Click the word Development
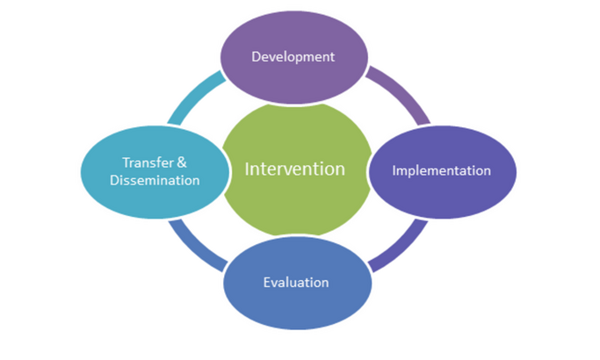click(x=293, y=57)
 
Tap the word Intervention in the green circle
click(x=294, y=169)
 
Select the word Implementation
click(x=442, y=170)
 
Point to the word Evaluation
click(x=296, y=283)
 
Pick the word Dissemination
click(x=155, y=180)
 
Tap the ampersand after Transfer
click(x=182, y=162)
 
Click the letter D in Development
click(x=256, y=56)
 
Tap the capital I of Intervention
click(x=247, y=169)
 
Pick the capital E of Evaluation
click(x=267, y=283)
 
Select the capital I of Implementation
click(x=394, y=170)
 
